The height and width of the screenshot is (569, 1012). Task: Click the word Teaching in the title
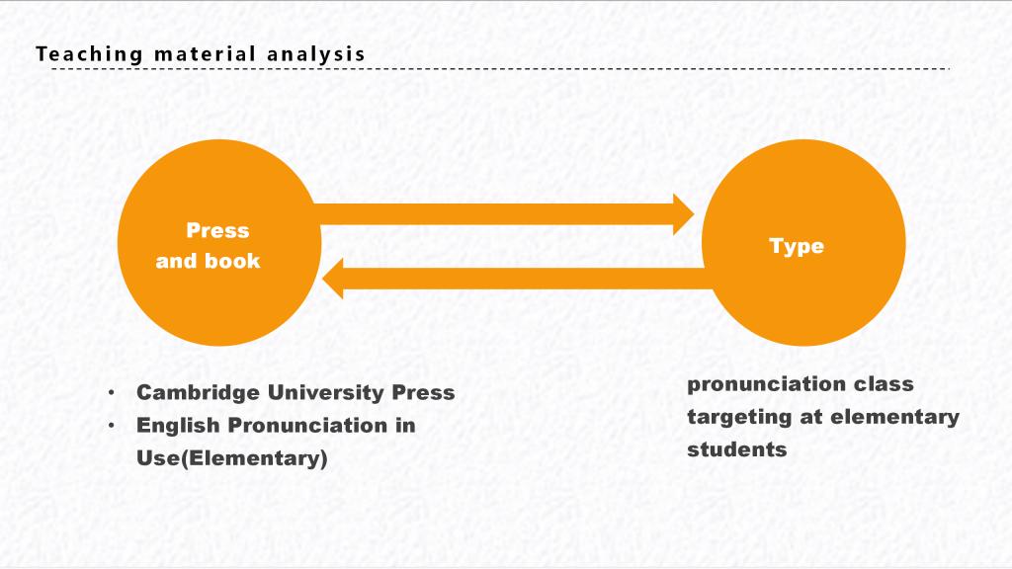tap(89, 54)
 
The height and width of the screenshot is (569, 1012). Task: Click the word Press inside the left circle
tap(217, 230)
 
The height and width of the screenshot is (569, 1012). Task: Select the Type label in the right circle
tap(797, 246)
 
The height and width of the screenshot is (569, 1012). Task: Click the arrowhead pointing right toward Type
tap(684, 214)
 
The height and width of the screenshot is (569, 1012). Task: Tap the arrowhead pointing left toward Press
tap(333, 278)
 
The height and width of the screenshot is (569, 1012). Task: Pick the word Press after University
tap(423, 392)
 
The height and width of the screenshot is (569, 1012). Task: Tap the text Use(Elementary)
tap(232, 458)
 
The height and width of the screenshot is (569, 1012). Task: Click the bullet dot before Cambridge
tap(112, 392)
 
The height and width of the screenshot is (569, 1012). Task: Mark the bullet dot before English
tap(112, 425)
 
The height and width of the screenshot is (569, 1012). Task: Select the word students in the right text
tap(737, 449)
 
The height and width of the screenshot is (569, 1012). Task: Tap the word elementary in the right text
tap(894, 418)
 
